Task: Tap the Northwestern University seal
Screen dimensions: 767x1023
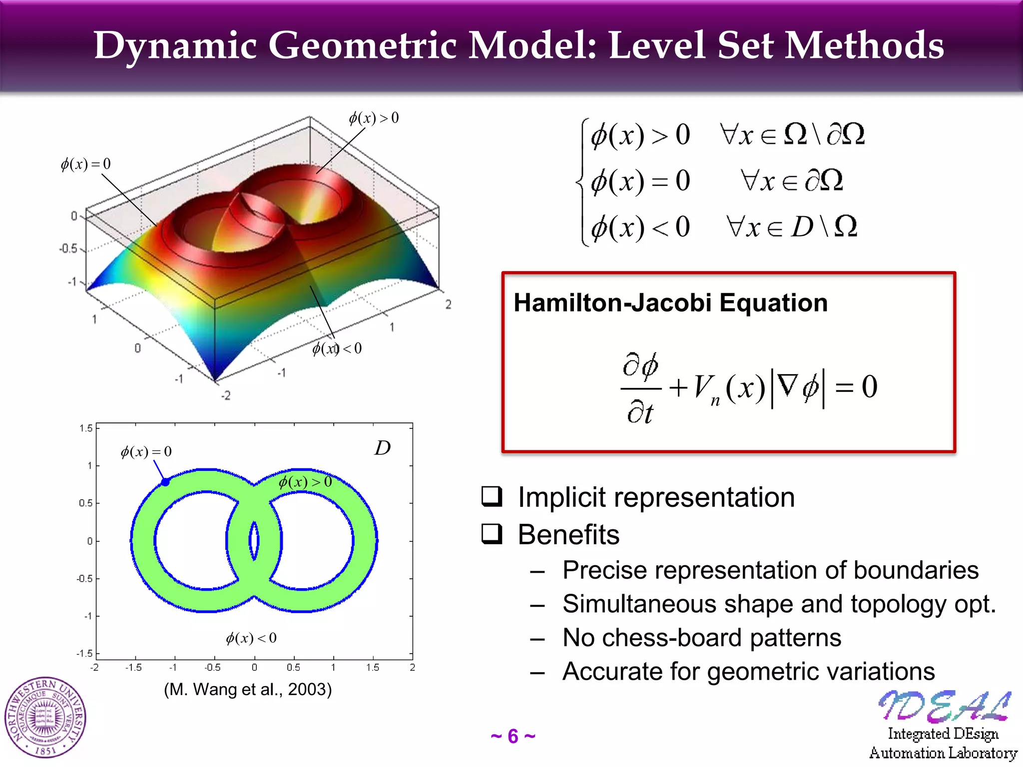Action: coord(45,718)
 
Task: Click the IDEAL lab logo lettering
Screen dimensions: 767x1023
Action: coord(944,706)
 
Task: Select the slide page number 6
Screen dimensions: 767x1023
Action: coord(513,737)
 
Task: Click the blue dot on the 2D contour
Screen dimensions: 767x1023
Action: coord(165,482)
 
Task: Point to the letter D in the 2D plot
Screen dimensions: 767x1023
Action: coord(383,448)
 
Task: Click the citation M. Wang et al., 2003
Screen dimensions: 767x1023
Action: coord(248,689)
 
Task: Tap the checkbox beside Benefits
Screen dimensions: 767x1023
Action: coord(492,533)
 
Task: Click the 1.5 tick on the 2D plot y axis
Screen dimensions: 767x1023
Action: coord(86,428)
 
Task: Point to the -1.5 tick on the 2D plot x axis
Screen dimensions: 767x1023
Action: coord(133,668)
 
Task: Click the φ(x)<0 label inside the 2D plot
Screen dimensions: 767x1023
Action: coord(251,638)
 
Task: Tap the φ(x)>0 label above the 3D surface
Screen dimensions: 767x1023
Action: coord(374,118)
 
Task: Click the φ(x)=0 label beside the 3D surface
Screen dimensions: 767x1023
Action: coord(85,164)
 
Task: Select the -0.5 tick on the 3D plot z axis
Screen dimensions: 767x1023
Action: coord(69,248)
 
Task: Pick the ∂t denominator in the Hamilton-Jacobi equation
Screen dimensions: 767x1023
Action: coord(640,412)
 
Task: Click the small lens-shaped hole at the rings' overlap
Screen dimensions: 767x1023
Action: coord(254,540)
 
